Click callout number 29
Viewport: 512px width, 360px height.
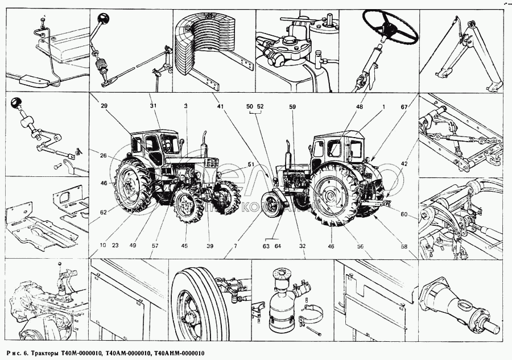point(104,106)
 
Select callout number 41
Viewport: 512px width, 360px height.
point(219,106)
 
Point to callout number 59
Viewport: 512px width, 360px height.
point(292,106)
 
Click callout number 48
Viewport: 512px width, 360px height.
point(360,106)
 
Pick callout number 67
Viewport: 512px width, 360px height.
point(403,106)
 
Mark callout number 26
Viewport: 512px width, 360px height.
point(104,155)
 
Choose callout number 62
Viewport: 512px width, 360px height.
point(104,212)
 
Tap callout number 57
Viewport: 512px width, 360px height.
point(155,246)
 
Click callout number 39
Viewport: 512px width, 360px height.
point(209,246)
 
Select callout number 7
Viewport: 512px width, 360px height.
point(235,246)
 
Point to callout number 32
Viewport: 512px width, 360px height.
point(303,246)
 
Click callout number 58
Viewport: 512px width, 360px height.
point(403,246)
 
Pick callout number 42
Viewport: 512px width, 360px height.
point(403,164)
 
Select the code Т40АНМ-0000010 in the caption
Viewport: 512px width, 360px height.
point(176,354)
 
